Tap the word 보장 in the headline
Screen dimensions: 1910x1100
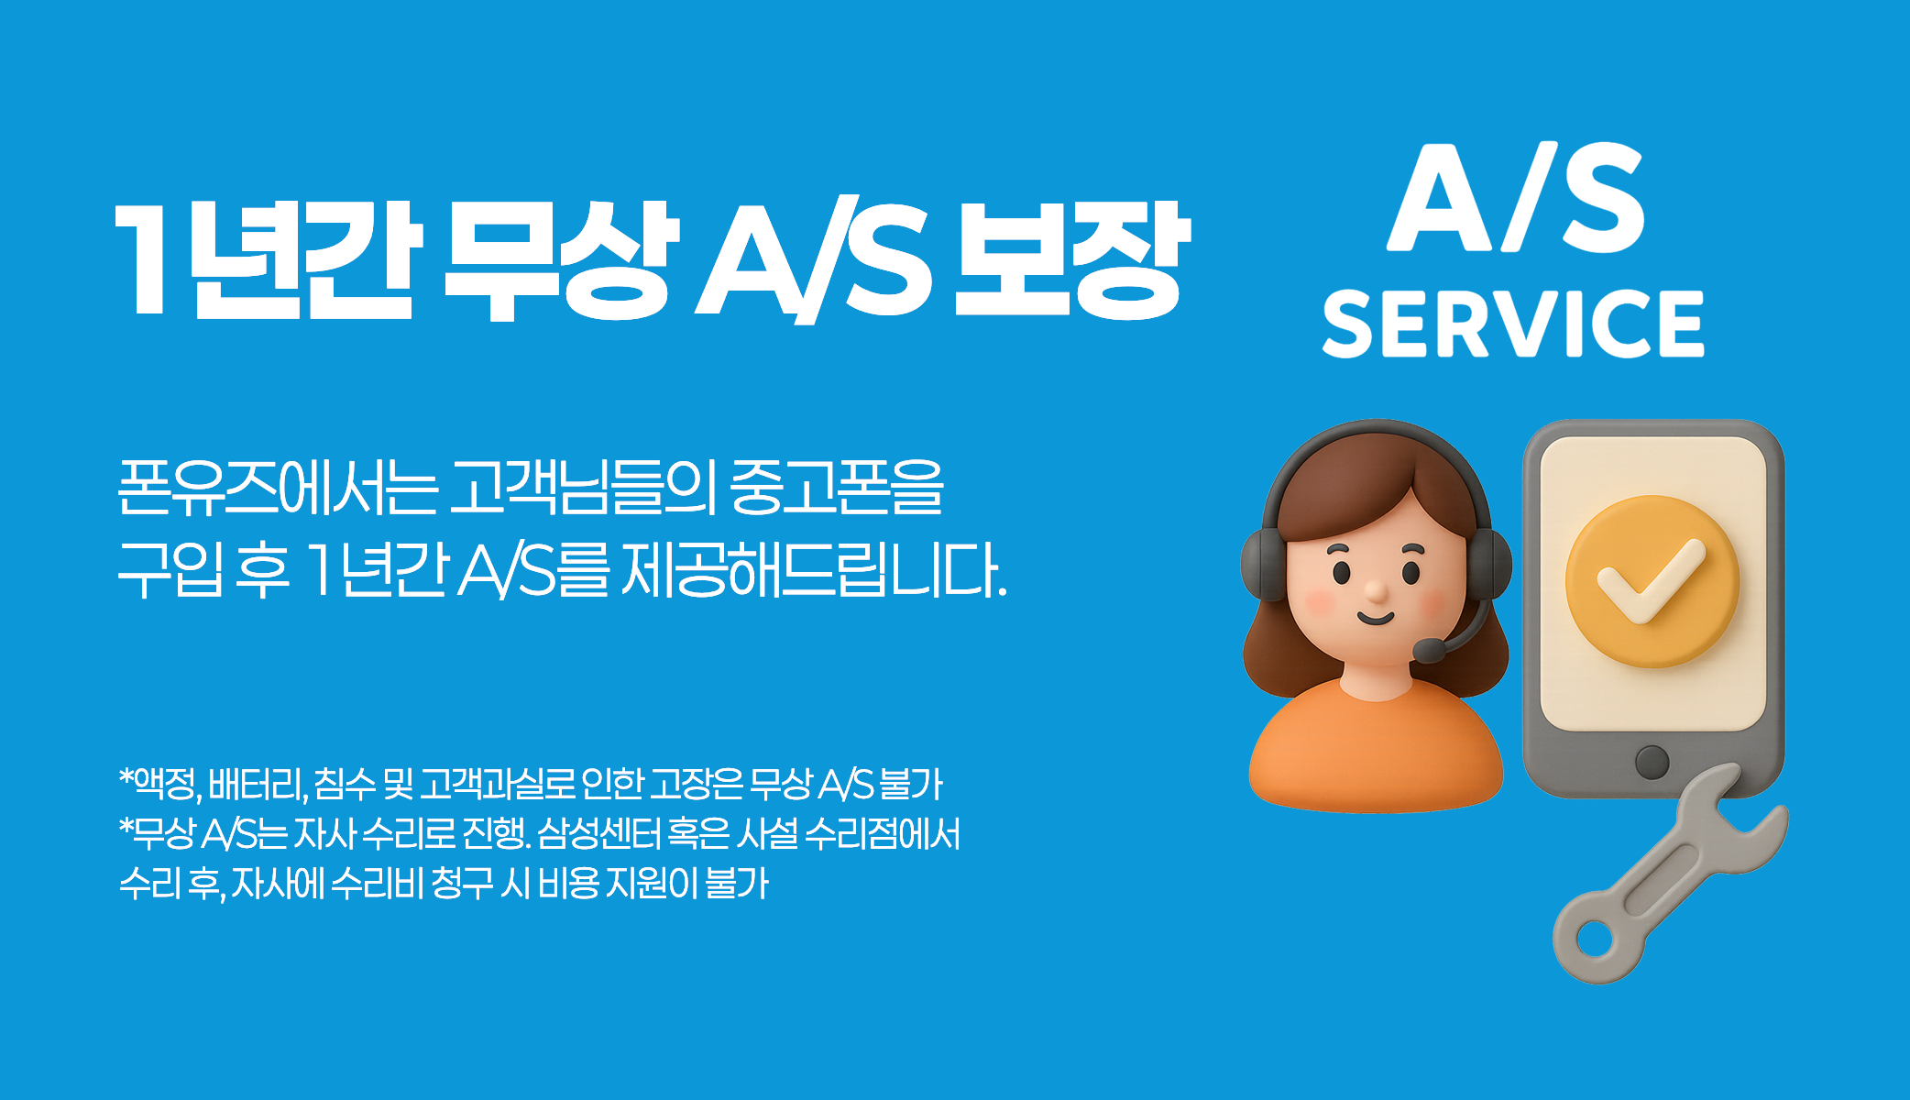(x=1071, y=261)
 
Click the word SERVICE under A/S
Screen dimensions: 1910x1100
(x=1513, y=323)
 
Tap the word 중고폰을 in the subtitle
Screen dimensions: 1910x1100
(x=837, y=488)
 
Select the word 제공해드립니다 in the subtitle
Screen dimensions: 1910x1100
(x=814, y=570)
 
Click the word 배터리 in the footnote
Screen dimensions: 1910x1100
(x=257, y=785)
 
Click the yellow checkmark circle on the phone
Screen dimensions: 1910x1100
(x=1652, y=582)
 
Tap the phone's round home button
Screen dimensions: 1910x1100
(x=1652, y=762)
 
